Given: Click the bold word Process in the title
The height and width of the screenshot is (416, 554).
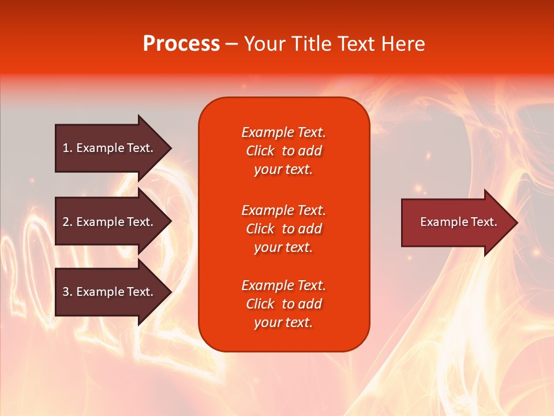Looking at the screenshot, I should [x=181, y=44].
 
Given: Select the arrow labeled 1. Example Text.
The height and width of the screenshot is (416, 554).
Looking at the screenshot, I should [x=108, y=148].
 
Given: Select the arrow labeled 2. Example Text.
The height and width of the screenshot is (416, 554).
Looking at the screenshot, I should [x=108, y=222].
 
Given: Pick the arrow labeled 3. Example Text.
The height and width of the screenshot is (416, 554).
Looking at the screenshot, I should [x=108, y=292].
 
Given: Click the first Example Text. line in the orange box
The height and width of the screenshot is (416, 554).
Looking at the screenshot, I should [x=283, y=132].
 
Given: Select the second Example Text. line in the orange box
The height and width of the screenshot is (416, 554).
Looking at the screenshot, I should [x=283, y=210].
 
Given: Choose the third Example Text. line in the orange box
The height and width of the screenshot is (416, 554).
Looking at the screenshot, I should [x=283, y=285].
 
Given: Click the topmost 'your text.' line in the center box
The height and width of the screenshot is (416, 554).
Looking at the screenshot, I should [x=283, y=170].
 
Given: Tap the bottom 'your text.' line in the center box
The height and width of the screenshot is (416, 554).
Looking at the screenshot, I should [x=283, y=323].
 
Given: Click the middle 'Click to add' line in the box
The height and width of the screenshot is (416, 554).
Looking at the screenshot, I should [x=283, y=229].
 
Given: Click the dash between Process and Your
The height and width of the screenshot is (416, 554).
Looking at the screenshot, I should [x=232, y=44].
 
